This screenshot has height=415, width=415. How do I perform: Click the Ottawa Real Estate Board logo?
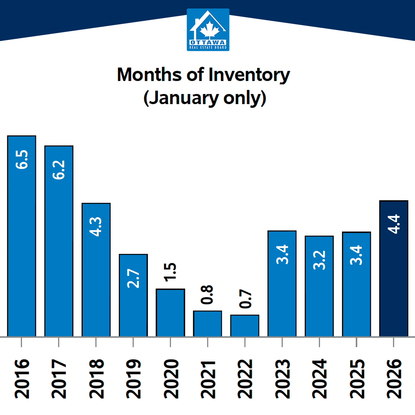[x=208, y=30]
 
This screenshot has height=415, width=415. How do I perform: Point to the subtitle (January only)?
[x=204, y=98]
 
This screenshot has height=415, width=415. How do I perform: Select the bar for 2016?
[x=22, y=236]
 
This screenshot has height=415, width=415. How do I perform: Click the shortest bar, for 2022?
[x=245, y=325]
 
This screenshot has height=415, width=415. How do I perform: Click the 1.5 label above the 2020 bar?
[x=170, y=272]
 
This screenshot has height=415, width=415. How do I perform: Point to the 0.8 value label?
[x=207, y=295]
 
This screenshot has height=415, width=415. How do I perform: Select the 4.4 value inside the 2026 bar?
[x=394, y=224]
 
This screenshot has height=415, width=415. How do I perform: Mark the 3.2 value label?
[x=319, y=260]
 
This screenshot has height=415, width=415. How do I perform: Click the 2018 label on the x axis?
[x=96, y=379]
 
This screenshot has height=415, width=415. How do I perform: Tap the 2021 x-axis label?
[x=207, y=379]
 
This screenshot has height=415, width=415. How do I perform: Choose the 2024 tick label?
[x=319, y=379]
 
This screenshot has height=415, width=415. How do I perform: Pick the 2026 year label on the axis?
[x=394, y=379]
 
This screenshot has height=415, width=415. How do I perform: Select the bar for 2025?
[x=357, y=284]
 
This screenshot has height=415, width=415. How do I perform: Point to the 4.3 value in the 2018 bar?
[x=96, y=227]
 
